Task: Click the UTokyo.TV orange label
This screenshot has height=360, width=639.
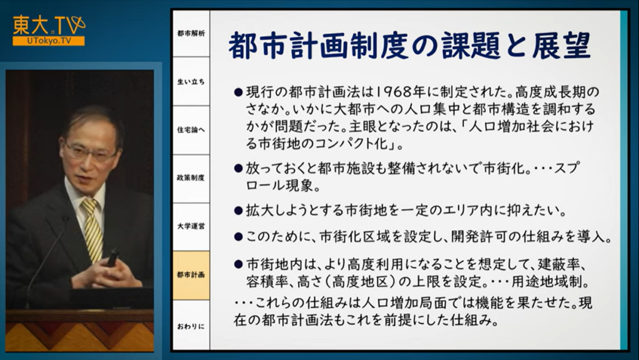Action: (49, 41)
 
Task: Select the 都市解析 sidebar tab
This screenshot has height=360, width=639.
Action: (191, 34)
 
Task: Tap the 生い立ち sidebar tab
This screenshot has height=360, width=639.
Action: (191, 82)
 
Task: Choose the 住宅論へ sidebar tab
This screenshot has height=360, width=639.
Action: (191, 130)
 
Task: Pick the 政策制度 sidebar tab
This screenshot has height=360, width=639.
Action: (191, 178)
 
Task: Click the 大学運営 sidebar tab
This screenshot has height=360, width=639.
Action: (191, 226)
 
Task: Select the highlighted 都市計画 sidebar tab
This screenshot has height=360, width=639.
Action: (191, 275)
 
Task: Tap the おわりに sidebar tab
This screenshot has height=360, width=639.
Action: (191, 326)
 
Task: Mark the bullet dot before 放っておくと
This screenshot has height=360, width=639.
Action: (238, 168)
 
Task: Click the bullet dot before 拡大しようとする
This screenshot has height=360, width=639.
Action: (238, 210)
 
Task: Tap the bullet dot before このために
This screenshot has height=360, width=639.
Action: (238, 236)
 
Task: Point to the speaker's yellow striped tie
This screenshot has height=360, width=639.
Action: (92, 229)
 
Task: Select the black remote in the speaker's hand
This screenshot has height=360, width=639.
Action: (112, 258)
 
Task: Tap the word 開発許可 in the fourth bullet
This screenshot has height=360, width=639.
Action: (480, 236)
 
